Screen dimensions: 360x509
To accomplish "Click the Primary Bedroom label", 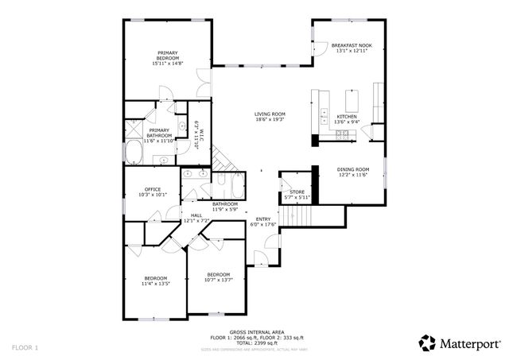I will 168,56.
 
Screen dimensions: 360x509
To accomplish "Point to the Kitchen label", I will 347,116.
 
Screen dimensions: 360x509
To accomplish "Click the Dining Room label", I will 353,169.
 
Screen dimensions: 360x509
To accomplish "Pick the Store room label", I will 297,192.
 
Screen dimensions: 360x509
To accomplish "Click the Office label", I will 152,188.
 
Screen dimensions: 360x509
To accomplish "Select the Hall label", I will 196,215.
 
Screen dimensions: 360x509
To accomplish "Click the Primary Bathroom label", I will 159,131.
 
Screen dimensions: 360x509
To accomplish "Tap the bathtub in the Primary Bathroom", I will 132,153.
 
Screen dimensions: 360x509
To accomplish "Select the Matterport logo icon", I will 428,343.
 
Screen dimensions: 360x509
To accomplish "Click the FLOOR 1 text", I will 25,348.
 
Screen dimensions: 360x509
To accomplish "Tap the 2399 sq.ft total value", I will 262,343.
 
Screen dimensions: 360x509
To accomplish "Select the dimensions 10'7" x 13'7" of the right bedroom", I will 217,280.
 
